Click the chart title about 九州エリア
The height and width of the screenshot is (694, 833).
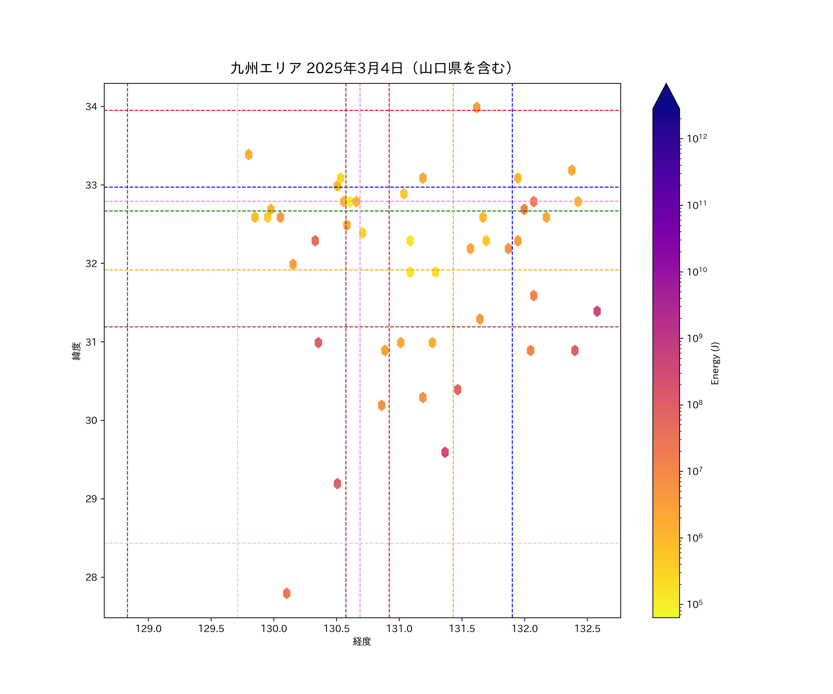[371, 68]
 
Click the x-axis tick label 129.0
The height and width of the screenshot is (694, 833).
[148, 629]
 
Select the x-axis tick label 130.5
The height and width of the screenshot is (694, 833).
[336, 629]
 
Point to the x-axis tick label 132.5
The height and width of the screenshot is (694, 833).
[587, 629]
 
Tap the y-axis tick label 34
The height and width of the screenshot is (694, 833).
[91, 107]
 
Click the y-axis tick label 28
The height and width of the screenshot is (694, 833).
[91, 577]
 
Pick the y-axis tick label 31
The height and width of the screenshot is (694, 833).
[91, 342]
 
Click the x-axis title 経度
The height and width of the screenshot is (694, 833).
[362, 642]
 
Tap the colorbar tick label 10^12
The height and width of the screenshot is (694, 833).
[696, 138]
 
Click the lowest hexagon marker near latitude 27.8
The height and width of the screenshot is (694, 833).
[286, 593]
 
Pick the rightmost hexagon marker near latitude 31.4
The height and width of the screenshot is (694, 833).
[597, 311]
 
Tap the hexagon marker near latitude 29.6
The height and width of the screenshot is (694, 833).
[445, 452]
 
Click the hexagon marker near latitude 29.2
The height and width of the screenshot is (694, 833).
[337, 483]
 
